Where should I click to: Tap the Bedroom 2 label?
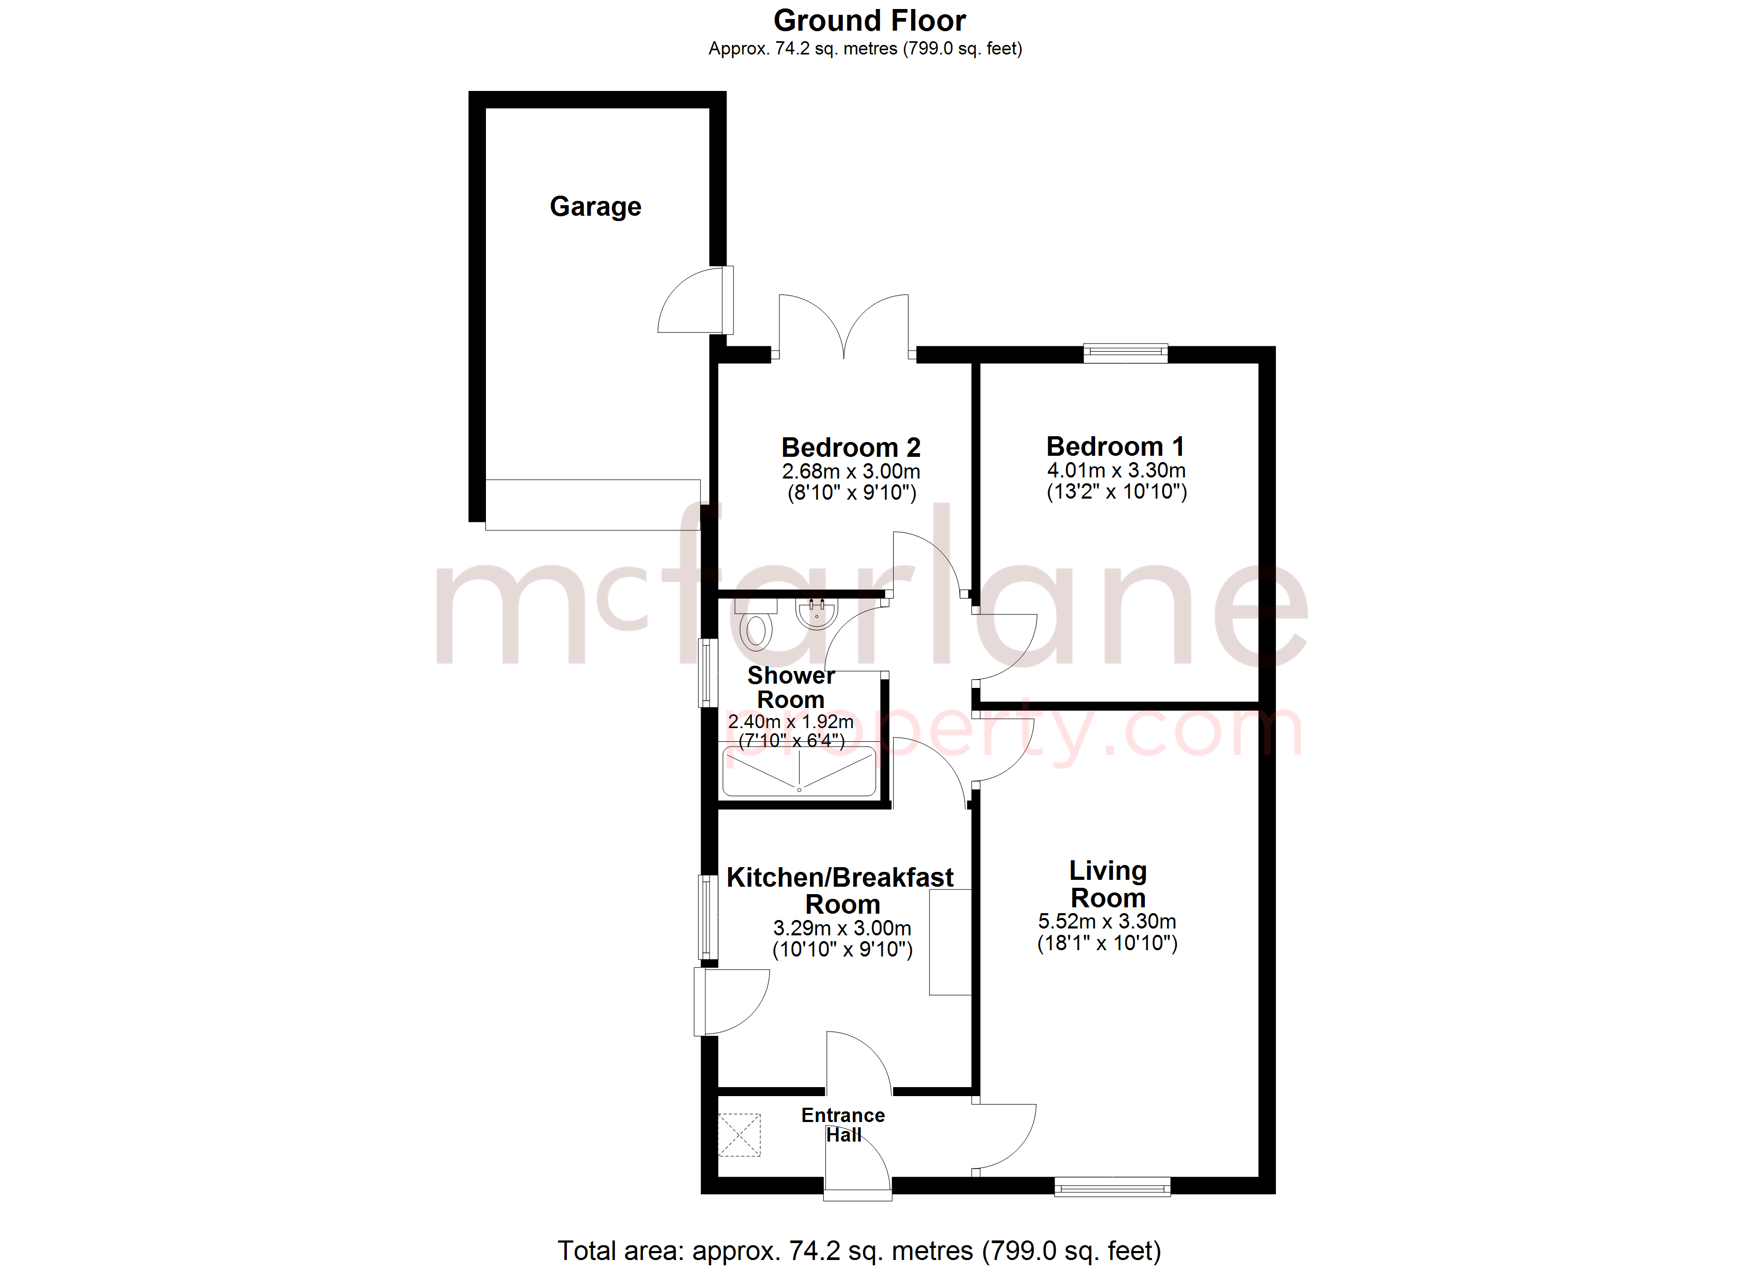[x=850, y=447]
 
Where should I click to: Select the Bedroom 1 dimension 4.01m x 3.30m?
[x=1116, y=470]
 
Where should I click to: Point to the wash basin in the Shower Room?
[x=816, y=613]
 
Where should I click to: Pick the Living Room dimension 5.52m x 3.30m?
[x=1106, y=921]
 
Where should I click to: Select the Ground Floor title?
[x=869, y=21]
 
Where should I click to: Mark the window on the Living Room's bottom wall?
[x=1112, y=1188]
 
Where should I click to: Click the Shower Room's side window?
[x=707, y=673]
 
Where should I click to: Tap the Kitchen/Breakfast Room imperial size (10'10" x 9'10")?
[x=842, y=950]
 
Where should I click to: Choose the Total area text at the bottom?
[x=859, y=1250]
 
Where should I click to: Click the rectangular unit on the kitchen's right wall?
[x=950, y=943]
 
